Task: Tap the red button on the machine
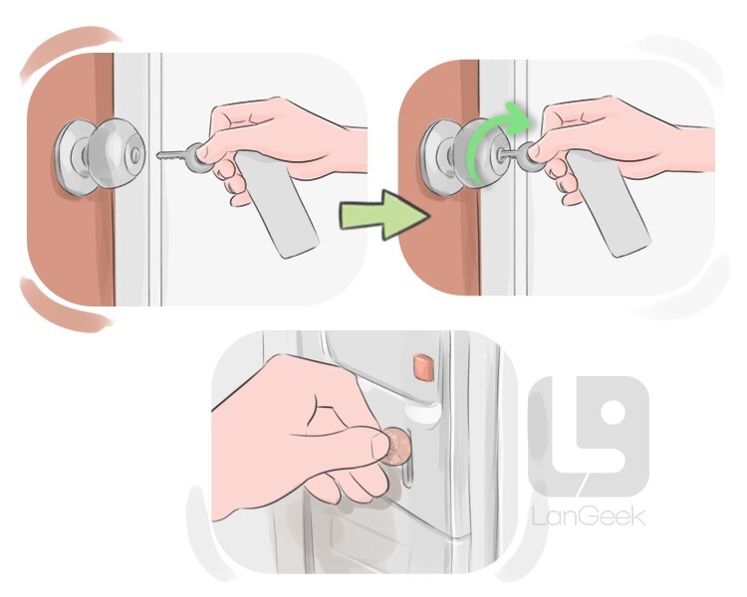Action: click(423, 367)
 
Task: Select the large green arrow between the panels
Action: click(384, 215)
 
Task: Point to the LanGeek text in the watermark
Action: click(589, 516)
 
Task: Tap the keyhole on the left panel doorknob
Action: click(136, 153)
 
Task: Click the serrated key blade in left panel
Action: click(171, 155)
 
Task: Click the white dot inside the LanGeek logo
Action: click(614, 413)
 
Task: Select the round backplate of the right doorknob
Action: click(434, 157)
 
